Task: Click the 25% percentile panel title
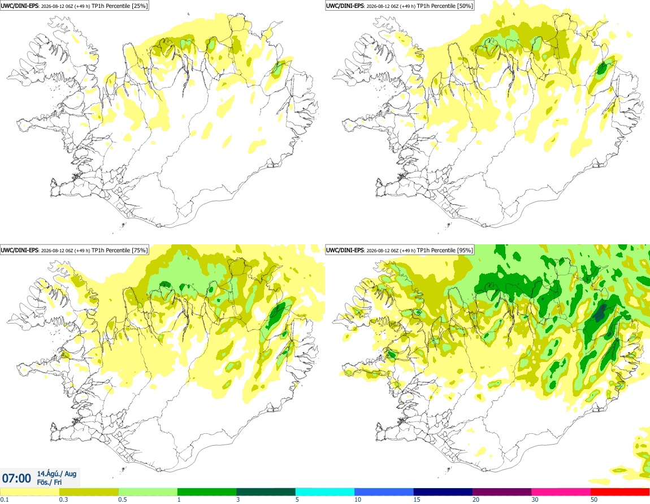(x=74, y=6)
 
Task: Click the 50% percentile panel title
(x=400, y=6)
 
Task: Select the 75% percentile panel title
(x=74, y=250)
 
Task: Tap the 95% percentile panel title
(x=400, y=250)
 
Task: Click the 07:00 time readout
(x=16, y=479)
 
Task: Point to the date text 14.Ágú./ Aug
(x=57, y=473)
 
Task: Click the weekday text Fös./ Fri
(x=49, y=483)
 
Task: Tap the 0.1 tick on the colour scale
(x=4, y=499)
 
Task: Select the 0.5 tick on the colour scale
(x=122, y=499)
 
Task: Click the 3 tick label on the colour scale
(x=238, y=499)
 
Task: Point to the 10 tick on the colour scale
(x=357, y=499)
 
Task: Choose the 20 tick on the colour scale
(x=475, y=499)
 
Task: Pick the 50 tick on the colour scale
(x=593, y=499)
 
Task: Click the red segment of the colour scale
(x=620, y=492)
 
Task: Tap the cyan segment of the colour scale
(x=324, y=492)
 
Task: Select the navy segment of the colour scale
(x=443, y=492)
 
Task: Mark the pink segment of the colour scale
(x=561, y=492)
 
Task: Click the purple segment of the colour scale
(x=502, y=492)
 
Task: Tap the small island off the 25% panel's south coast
(x=123, y=226)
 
